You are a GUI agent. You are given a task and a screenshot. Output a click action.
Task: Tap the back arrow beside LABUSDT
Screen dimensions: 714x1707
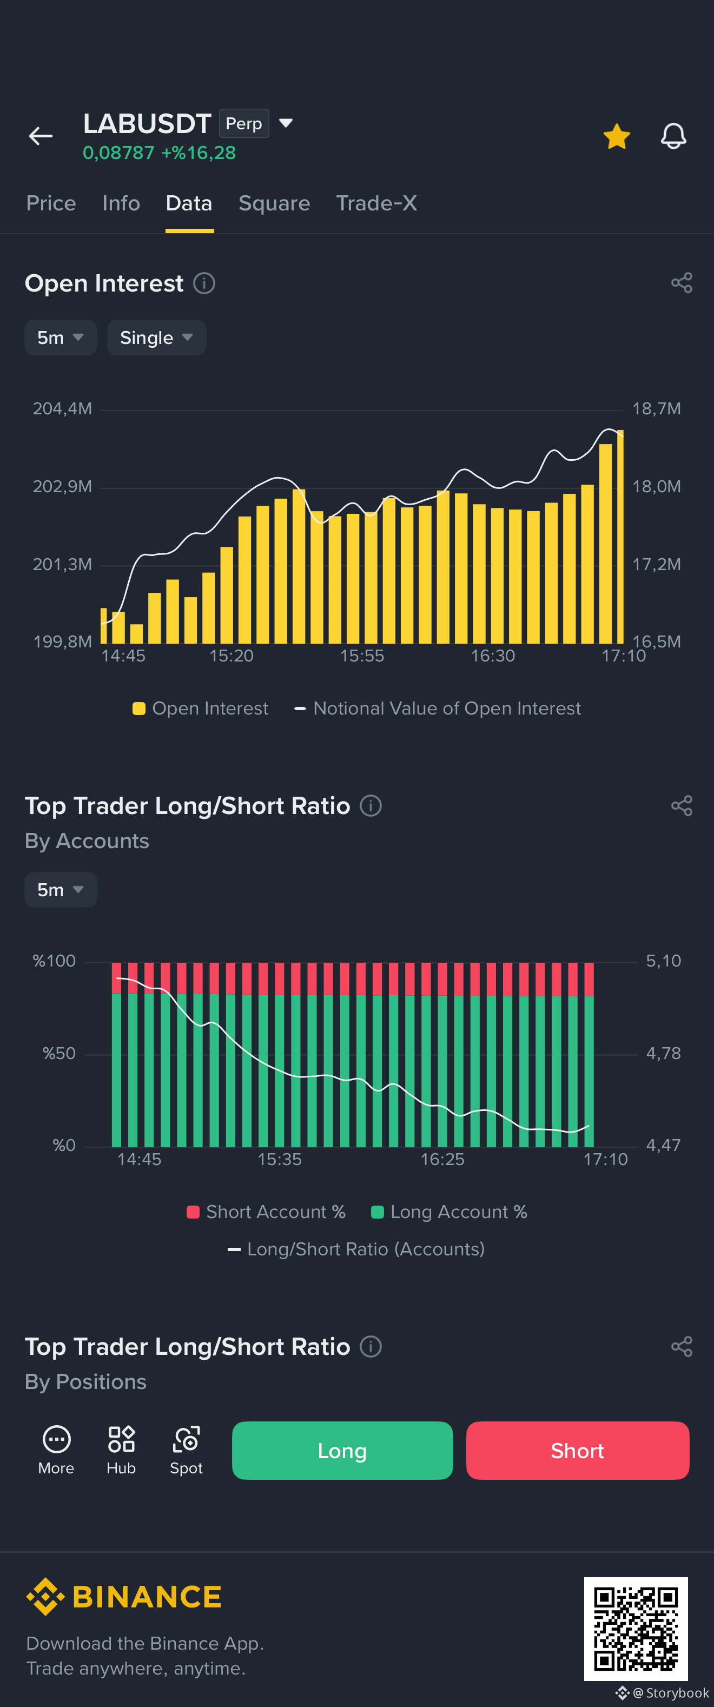[41, 136]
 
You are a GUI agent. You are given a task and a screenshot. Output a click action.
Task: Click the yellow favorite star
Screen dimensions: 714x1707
[617, 136]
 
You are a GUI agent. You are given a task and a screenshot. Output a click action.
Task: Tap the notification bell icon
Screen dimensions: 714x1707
[673, 136]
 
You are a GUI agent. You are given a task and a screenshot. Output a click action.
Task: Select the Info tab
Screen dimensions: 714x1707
[121, 203]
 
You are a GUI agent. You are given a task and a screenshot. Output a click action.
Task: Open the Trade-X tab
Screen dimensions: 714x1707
[376, 203]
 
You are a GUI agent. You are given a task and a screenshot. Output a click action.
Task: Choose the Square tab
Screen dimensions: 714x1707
[274, 203]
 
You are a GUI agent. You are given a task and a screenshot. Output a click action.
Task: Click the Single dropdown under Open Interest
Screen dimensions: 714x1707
[156, 338]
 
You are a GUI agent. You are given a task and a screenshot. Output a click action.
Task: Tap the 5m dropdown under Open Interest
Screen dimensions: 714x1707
[61, 338]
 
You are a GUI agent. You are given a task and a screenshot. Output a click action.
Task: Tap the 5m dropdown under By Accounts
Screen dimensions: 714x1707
[61, 889]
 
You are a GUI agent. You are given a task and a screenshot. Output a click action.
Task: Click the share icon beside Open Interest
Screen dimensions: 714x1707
[682, 283]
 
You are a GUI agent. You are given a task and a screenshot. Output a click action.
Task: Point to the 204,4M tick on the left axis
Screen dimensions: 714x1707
[62, 409]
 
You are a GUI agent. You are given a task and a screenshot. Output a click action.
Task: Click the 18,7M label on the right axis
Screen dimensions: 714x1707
[656, 409]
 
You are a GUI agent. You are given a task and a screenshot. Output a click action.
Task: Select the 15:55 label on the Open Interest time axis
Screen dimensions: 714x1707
[362, 656]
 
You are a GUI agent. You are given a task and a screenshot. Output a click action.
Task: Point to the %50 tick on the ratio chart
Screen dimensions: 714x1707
[59, 1054]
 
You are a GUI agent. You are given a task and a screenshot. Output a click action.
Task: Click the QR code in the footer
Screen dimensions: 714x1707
[636, 1629]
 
